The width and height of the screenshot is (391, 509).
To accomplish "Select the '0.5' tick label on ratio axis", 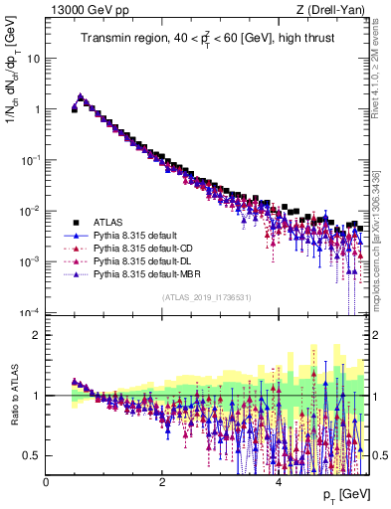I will coord(33,455).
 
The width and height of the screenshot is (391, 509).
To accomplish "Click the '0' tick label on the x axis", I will coord(46,482).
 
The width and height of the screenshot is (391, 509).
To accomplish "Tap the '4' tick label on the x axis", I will coord(278,482).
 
